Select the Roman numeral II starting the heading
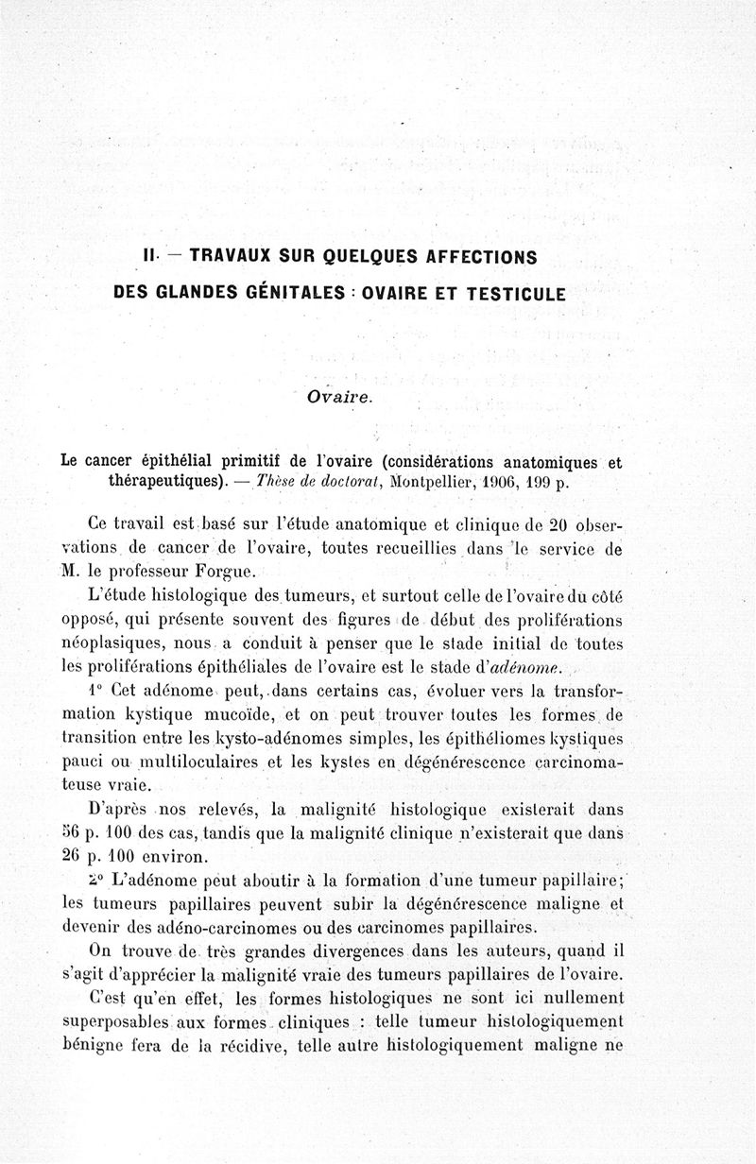pos(148,256)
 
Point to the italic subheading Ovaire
pos(340,397)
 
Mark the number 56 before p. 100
pos(74,833)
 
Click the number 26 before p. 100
pos(74,858)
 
